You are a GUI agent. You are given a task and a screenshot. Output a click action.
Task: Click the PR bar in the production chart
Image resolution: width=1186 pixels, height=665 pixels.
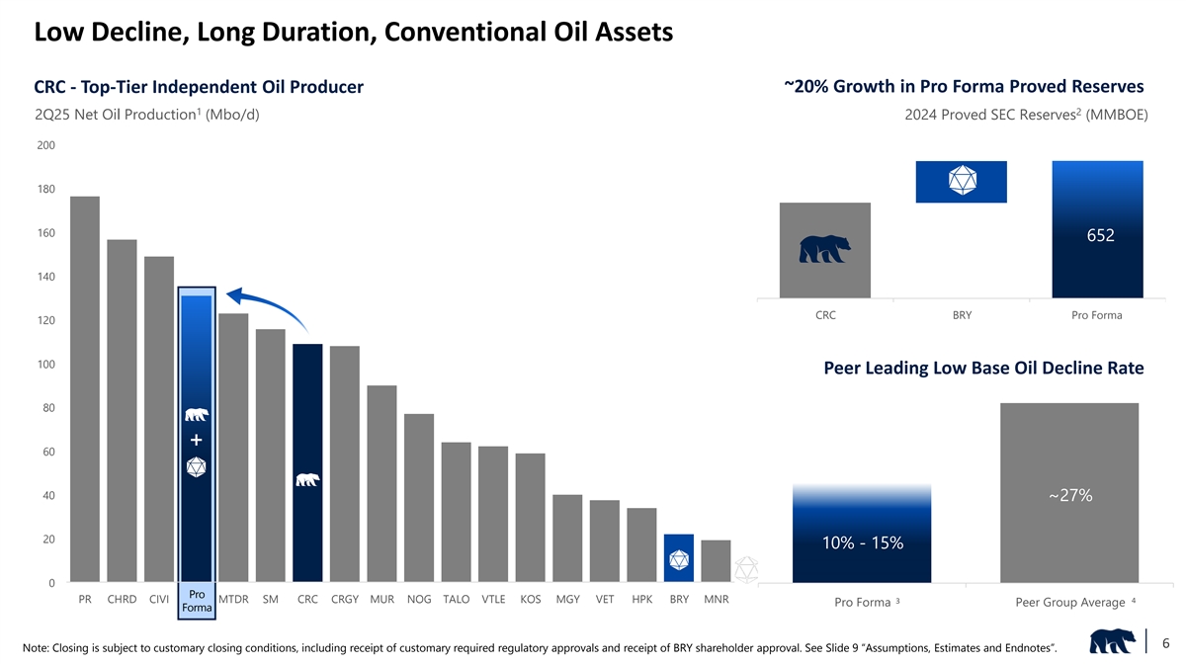pos(85,389)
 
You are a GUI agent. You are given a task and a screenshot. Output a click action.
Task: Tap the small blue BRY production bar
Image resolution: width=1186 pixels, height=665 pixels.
pos(679,558)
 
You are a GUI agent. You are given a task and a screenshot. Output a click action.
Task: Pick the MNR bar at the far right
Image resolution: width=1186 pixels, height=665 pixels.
pos(716,561)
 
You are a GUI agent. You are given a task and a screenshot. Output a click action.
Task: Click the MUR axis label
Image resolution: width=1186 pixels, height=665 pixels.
pos(381,600)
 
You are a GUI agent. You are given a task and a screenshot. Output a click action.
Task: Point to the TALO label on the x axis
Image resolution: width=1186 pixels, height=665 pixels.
pos(456,600)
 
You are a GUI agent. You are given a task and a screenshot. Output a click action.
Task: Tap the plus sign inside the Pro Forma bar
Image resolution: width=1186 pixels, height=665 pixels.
pos(197,440)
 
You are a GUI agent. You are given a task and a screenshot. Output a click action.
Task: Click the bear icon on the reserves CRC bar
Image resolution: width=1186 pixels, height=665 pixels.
pos(825,250)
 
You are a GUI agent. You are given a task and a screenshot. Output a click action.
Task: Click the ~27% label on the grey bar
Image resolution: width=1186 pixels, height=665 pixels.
pos(1069,495)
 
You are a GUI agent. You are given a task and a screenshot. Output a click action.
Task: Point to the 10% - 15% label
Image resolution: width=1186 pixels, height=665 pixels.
pos(862,542)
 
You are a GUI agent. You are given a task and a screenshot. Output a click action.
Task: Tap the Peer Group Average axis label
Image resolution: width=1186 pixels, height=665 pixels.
pos(1069,603)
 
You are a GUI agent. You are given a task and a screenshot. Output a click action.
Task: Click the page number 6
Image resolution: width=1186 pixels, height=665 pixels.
pos(1166,643)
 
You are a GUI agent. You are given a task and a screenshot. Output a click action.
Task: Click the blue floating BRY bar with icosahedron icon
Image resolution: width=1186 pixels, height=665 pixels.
pos(962,181)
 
